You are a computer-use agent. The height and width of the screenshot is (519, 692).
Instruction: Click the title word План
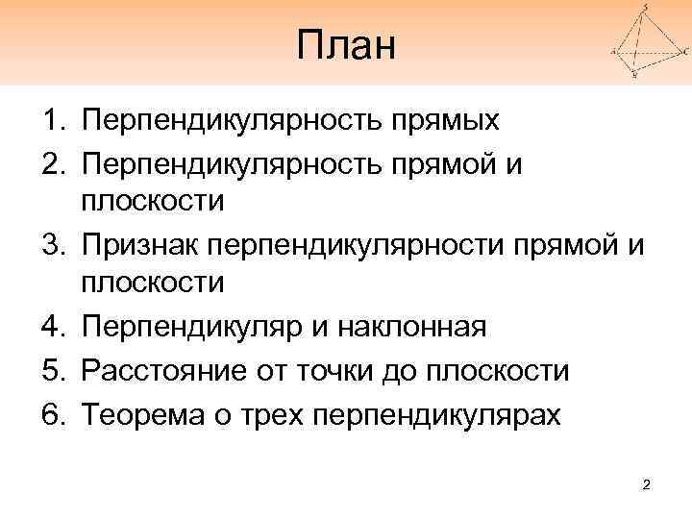coord(346,46)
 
